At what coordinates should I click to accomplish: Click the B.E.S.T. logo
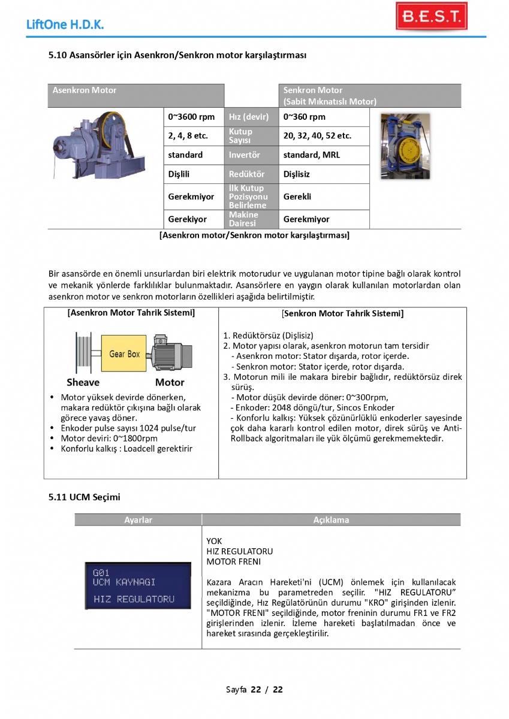coord(431,16)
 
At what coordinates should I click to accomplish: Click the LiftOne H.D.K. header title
coord(65,25)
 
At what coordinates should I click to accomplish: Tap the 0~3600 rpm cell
coord(191,117)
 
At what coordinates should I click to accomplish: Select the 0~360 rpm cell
coord(305,117)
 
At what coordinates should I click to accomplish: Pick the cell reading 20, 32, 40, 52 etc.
coord(317,136)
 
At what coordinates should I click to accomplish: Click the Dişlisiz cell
coord(297,174)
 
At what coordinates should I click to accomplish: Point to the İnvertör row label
coord(245,155)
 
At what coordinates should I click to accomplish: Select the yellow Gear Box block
coord(125,354)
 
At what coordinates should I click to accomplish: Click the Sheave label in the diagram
coord(83,382)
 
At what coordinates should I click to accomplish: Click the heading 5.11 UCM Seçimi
coord(85,497)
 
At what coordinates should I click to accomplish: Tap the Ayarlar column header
coord(138,520)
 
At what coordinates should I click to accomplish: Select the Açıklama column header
coord(331,520)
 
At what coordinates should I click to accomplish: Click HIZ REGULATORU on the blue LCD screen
coord(134,599)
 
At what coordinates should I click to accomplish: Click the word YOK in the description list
coord(214,541)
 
